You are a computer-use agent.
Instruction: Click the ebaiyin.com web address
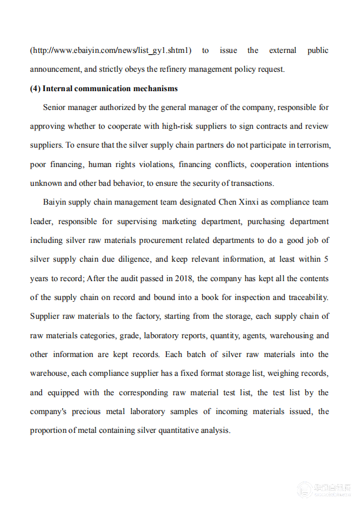pos(111,51)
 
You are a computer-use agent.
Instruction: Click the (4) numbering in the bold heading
pos(35,89)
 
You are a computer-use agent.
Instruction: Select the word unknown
pos(46,183)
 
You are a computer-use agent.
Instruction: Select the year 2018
pos(189,278)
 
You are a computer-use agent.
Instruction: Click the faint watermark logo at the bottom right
pos(304,490)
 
